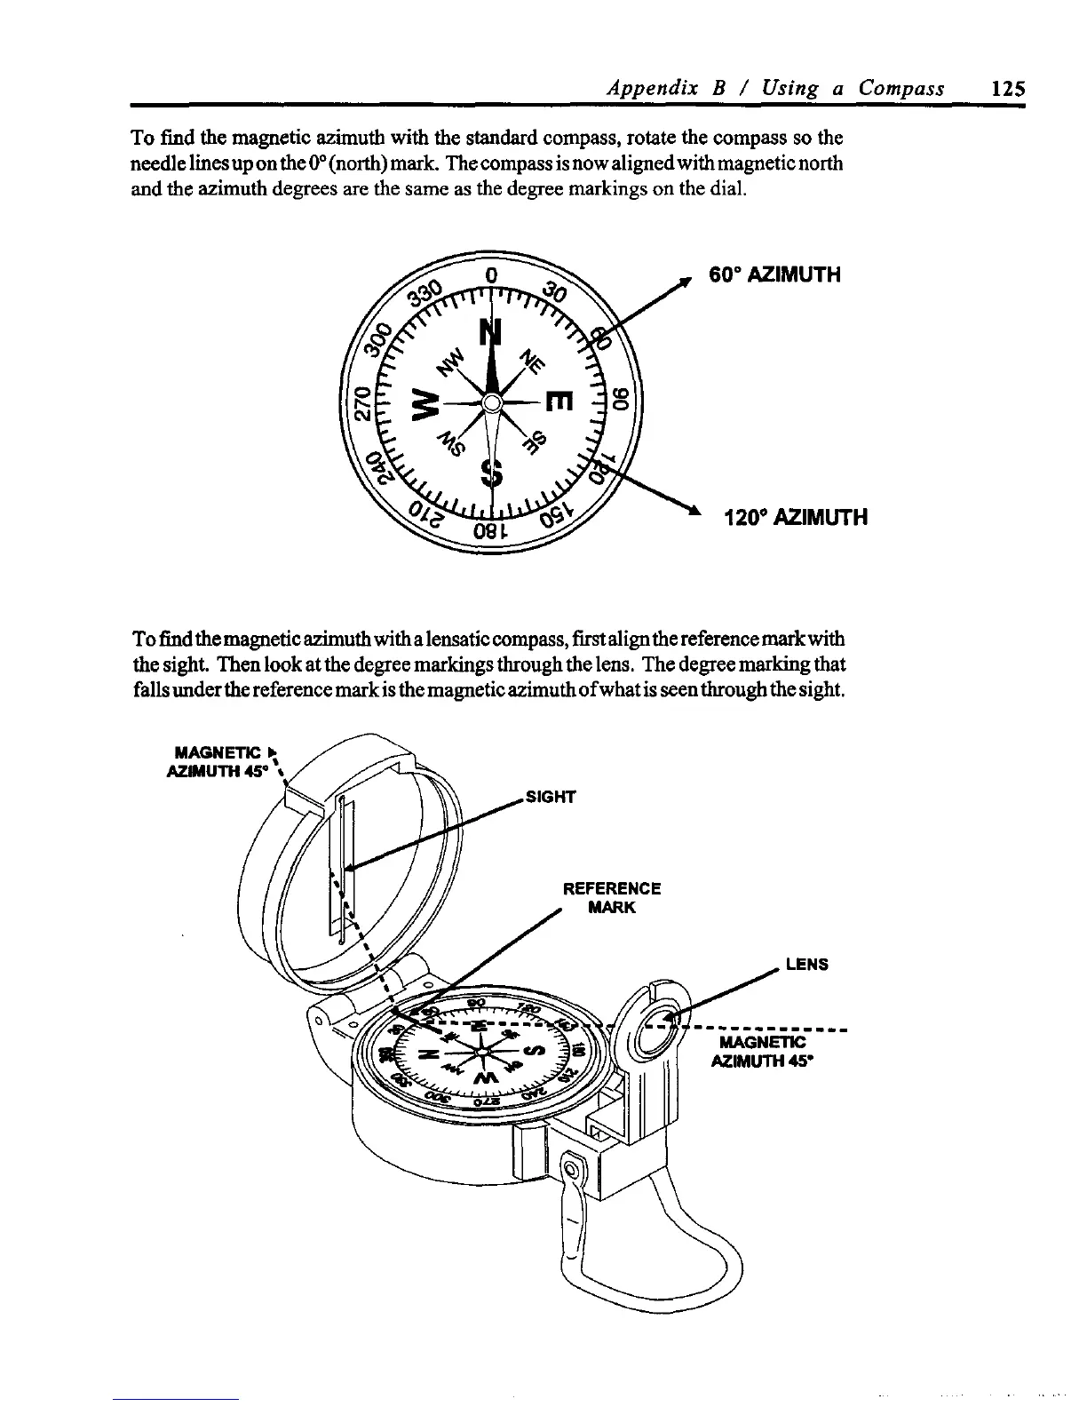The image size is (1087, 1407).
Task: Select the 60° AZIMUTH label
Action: [x=774, y=274]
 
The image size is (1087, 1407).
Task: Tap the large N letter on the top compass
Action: [x=490, y=334]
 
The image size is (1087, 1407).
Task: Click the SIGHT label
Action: [x=551, y=797]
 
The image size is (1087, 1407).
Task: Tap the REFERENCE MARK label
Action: [x=612, y=898]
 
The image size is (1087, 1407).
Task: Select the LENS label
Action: [x=806, y=964]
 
